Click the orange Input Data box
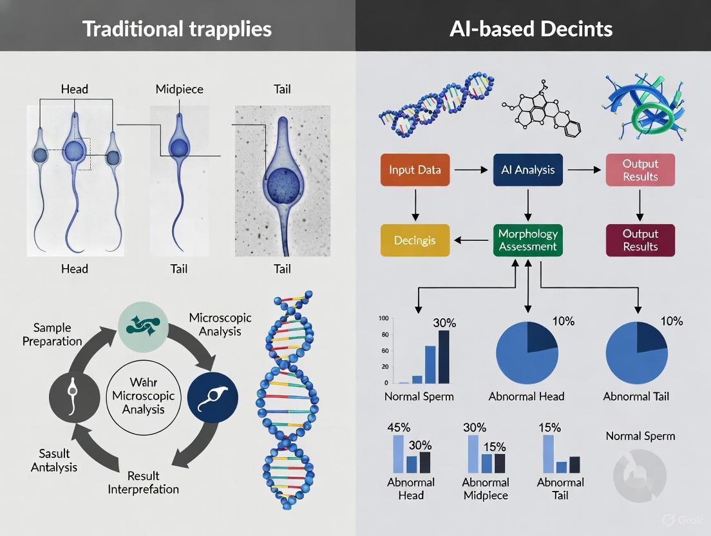point(414,170)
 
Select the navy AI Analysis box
point(527,170)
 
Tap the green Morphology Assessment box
point(527,240)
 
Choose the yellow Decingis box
point(414,240)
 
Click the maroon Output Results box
point(640,240)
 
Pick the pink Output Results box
point(640,170)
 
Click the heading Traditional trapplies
point(178,28)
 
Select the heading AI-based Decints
point(532,28)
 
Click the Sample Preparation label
point(52,334)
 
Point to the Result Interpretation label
point(143,483)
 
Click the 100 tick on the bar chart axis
point(384,319)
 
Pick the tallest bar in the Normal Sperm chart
point(444,356)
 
